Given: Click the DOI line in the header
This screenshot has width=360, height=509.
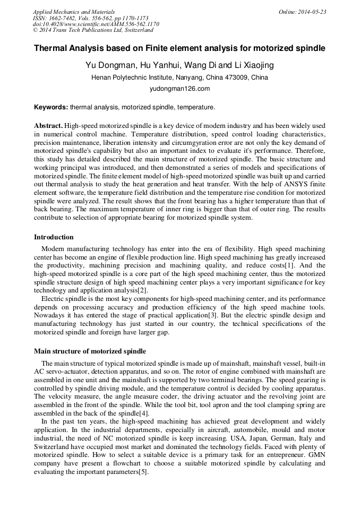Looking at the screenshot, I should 96,24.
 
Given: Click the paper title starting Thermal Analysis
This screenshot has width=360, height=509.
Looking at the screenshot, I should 179,48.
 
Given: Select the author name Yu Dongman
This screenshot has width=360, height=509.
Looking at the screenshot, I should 105,66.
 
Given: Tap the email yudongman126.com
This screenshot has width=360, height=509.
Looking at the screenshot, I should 179,89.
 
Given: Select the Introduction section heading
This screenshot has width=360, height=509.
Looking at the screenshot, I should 54,237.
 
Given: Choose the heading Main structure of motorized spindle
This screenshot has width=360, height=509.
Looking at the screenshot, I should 90,351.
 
